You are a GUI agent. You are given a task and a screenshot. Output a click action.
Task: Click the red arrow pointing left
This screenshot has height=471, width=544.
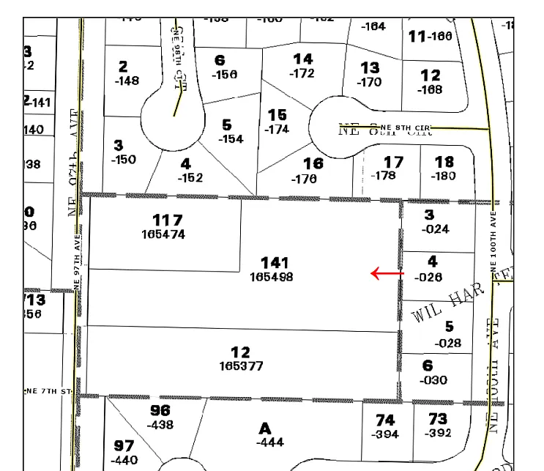click(387, 274)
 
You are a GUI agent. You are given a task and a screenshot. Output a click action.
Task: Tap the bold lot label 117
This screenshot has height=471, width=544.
click(167, 220)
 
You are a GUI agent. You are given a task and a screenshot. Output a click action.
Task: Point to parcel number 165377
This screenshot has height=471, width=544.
click(241, 366)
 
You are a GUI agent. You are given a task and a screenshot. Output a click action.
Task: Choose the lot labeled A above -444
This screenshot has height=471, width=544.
click(265, 428)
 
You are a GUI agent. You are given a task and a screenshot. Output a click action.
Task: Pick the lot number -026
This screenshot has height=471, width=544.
click(428, 278)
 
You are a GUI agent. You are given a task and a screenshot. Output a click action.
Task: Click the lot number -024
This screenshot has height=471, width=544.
click(436, 229)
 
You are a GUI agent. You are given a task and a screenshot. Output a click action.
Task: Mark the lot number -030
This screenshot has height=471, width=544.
click(432, 380)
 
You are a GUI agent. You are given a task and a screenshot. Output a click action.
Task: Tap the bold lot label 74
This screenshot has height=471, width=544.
click(385, 420)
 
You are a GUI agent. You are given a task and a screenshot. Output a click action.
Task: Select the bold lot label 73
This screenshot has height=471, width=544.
click(438, 419)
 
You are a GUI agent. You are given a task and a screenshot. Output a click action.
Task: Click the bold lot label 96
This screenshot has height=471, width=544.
click(160, 410)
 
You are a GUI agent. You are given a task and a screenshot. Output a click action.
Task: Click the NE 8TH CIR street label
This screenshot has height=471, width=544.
click(407, 128)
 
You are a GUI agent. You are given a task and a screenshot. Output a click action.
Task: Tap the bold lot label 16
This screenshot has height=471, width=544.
click(313, 164)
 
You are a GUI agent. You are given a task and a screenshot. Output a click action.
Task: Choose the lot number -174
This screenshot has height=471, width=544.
click(277, 130)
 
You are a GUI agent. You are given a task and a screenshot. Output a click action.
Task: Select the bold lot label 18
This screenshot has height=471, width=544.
click(444, 162)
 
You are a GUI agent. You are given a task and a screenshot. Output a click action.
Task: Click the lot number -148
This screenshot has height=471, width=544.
click(127, 81)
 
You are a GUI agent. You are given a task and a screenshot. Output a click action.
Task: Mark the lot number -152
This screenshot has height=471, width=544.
click(190, 178)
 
